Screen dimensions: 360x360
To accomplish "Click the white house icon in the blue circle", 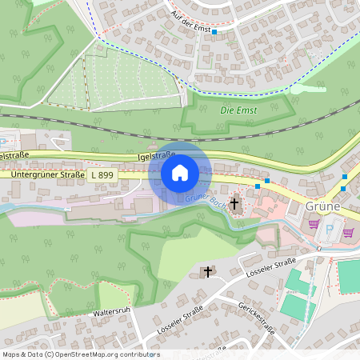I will click(180, 172).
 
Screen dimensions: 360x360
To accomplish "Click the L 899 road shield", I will click(102, 174).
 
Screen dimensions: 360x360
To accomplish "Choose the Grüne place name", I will click(324, 206).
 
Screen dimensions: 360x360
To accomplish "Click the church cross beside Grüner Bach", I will click(235, 205).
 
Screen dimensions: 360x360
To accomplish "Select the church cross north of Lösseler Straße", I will click(208, 272).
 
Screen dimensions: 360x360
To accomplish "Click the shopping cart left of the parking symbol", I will click(314, 225).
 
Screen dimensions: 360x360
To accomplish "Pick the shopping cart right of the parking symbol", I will click(348, 233).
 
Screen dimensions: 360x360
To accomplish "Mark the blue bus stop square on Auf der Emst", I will click(214, 33).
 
